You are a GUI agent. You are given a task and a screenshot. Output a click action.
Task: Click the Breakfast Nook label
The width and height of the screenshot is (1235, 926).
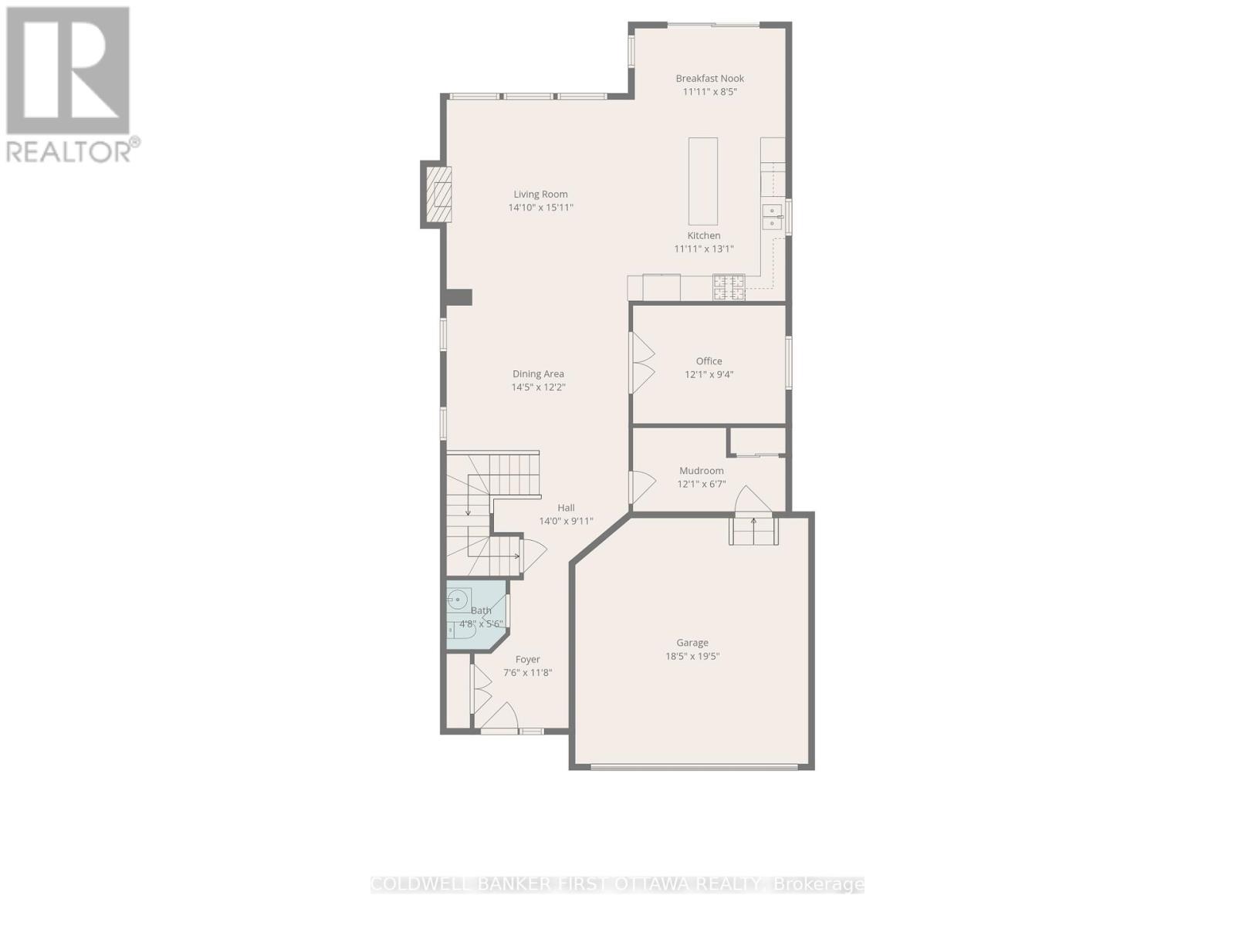click(709, 78)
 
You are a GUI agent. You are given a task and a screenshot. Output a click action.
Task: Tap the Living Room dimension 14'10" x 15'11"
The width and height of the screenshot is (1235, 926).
click(540, 208)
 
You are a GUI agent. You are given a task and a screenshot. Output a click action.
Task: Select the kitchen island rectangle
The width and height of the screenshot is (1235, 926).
click(703, 181)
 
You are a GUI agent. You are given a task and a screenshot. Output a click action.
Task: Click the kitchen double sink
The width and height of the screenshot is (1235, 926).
click(772, 217)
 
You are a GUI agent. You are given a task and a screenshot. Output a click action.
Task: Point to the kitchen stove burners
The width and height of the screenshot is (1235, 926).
click(729, 287)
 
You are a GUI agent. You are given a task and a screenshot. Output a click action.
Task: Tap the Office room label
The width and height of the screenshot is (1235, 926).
click(709, 361)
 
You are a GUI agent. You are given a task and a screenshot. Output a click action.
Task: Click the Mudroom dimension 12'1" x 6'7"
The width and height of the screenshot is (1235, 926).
click(701, 485)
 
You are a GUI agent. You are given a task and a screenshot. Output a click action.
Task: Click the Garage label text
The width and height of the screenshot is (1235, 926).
click(692, 643)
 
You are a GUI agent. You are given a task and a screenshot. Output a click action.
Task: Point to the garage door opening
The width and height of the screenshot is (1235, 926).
click(693, 766)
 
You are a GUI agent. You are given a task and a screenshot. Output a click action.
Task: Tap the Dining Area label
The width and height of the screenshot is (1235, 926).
click(538, 374)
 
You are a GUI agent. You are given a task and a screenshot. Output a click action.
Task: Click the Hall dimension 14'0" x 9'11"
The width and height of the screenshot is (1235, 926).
click(566, 521)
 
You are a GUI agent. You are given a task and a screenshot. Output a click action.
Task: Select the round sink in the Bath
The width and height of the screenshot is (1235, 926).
click(458, 599)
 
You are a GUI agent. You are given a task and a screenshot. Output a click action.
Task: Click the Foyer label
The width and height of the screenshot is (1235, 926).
click(527, 660)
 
